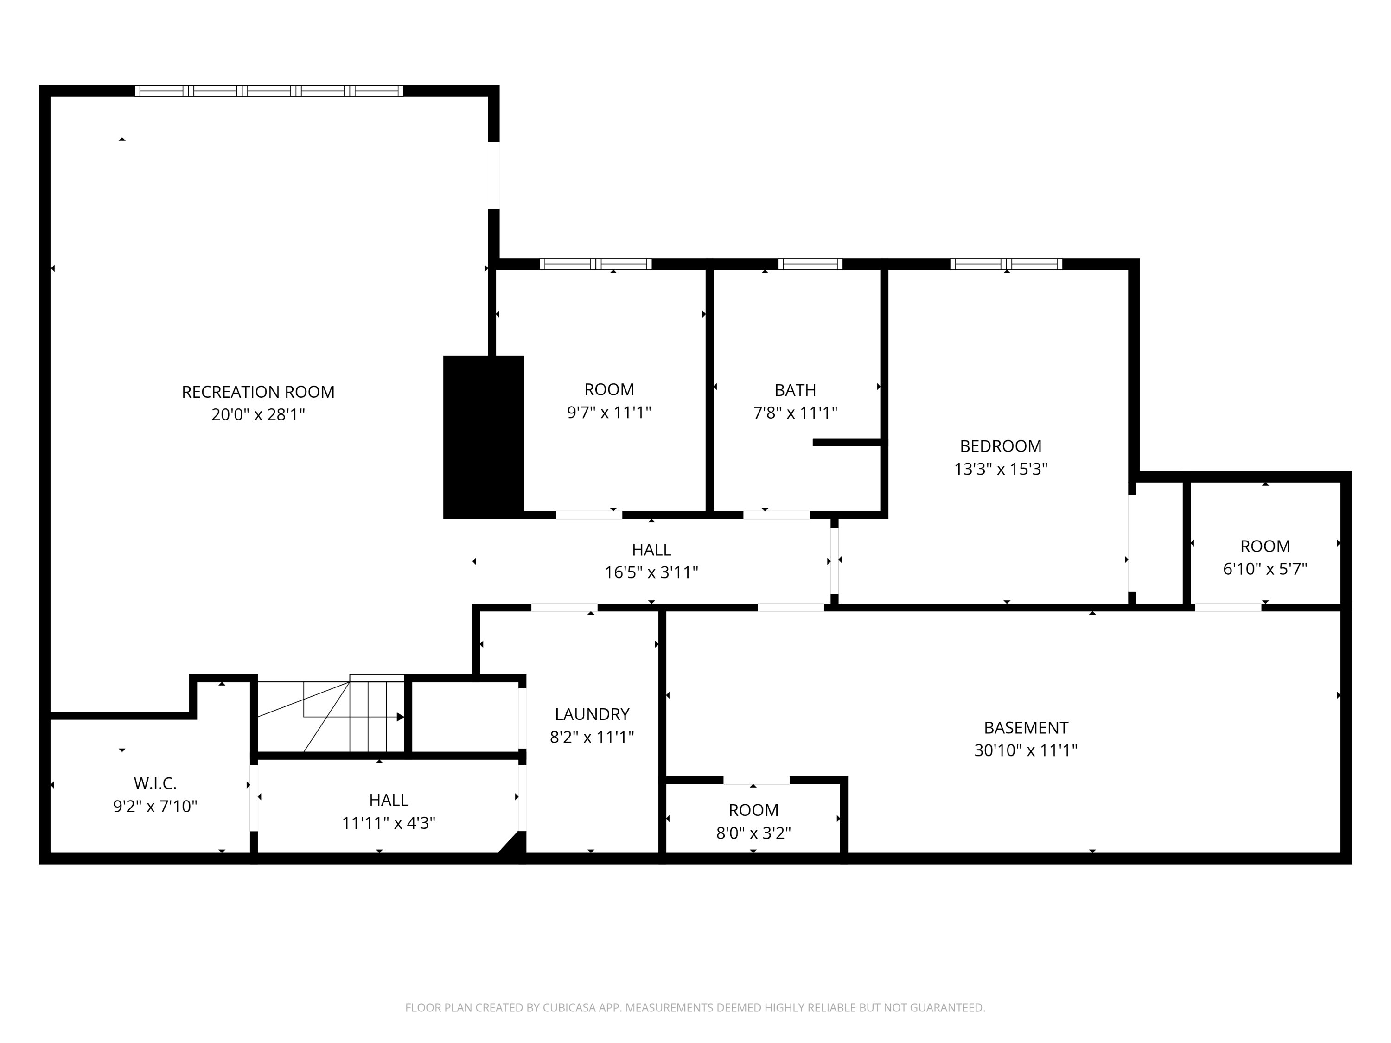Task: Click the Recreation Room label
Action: click(x=258, y=392)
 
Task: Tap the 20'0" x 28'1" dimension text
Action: click(x=258, y=414)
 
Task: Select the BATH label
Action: click(x=796, y=390)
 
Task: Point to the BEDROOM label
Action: click(x=1001, y=446)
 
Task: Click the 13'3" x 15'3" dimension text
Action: click(x=1001, y=469)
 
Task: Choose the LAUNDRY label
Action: click(x=592, y=714)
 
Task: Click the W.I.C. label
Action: click(x=155, y=783)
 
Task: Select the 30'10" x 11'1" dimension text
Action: click(x=1026, y=750)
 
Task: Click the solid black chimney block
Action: click(x=484, y=437)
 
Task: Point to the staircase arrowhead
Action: click(x=401, y=717)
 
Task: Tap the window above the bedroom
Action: click(x=1006, y=264)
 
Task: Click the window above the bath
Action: click(x=810, y=264)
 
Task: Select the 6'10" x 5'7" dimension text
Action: click(x=1265, y=569)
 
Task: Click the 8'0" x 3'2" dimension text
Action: click(x=753, y=833)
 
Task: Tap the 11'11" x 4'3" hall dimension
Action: click(x=389, y=823)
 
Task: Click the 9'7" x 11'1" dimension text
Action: click(x=609, y=413)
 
